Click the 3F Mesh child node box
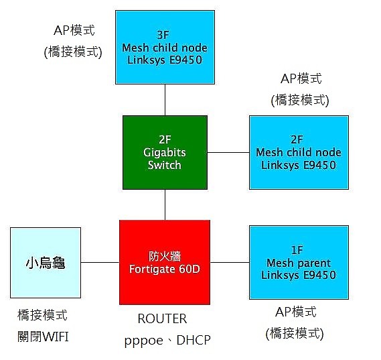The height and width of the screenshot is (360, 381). click(x=165, y=47)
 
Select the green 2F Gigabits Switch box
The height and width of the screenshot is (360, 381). click(x=165, y=152)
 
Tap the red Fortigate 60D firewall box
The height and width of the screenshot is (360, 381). click(x=165, y=262)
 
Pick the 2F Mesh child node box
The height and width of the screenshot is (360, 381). click(x=299, y=152)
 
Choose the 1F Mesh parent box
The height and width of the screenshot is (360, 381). click(x=299, y=263)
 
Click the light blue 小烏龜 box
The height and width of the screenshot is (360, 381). click(x=46, y=263)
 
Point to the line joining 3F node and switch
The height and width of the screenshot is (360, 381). click(x=165, y=100)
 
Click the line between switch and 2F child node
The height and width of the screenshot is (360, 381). click(x=228, y=152)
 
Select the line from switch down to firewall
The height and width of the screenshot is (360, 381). click(x=165, y=205)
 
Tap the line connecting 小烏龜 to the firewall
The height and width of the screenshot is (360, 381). click(x=100, y=263)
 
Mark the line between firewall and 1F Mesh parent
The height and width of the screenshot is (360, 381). click(x=230, y=263)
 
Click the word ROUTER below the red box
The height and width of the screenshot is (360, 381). click(x=162, y=318)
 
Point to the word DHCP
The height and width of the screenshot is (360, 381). click(x=194, y=340)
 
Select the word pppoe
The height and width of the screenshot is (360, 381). click(x=143, y=341)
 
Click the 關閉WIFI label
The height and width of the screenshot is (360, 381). click(x=43, y=337)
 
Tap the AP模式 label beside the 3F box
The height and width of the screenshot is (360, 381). click(x=74, y=30)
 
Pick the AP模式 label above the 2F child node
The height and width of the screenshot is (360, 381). click(x=301, y=78)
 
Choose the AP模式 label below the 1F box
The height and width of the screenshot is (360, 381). click(x=296, y=312)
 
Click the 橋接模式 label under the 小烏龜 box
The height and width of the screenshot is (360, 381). click(x=42, y=315)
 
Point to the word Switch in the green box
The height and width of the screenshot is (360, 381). click(x=165, y=165)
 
